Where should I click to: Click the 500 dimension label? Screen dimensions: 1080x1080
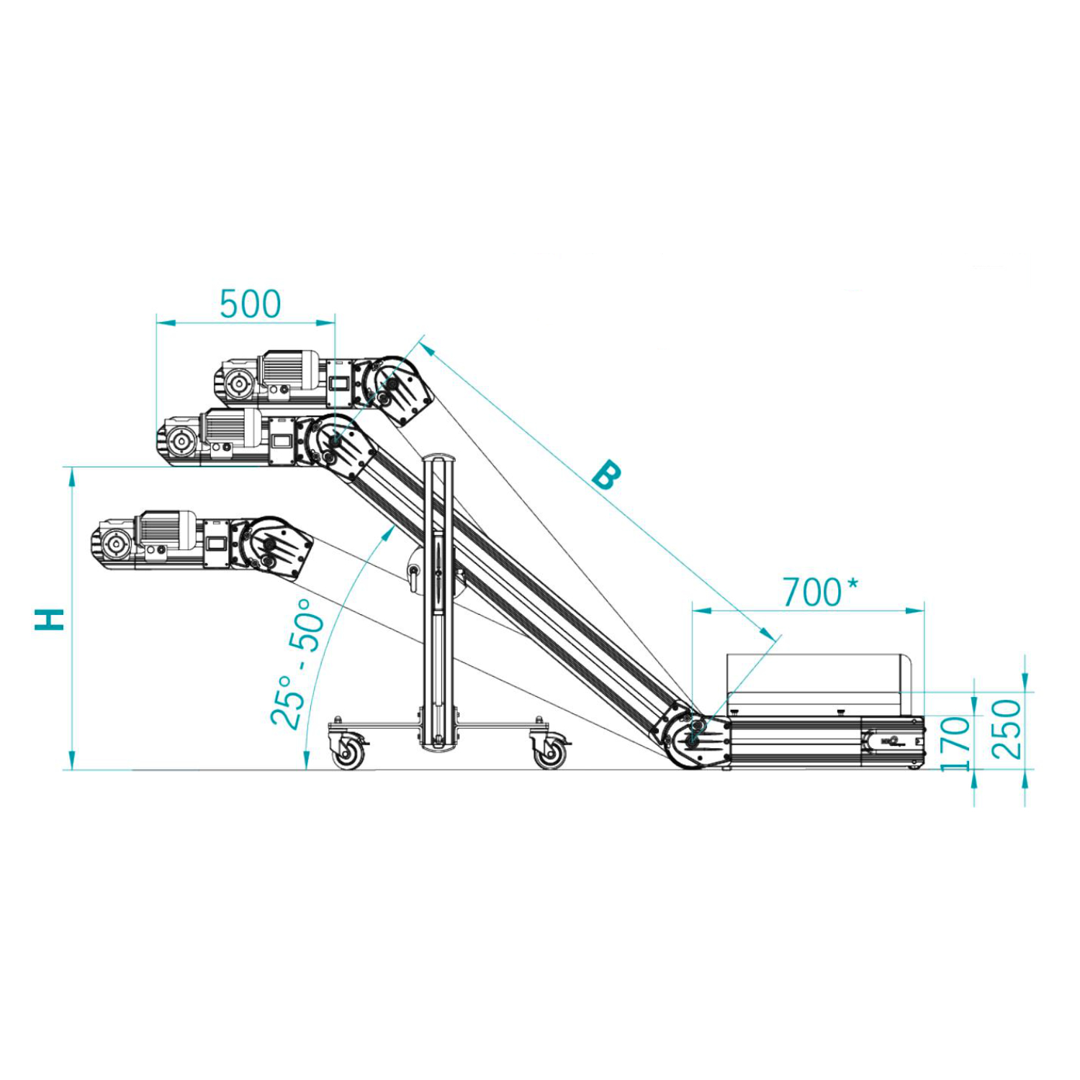[250, 304]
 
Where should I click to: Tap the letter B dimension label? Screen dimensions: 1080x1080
[606, 475]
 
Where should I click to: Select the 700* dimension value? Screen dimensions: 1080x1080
[820, 592]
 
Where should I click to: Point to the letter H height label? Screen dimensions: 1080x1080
[50, 619]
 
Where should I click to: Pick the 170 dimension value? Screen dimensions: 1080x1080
[955, 743]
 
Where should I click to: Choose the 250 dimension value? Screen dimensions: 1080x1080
[1007, 729]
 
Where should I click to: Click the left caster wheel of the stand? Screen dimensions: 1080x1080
[348, 751]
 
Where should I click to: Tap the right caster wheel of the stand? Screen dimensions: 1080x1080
[549, 751]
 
